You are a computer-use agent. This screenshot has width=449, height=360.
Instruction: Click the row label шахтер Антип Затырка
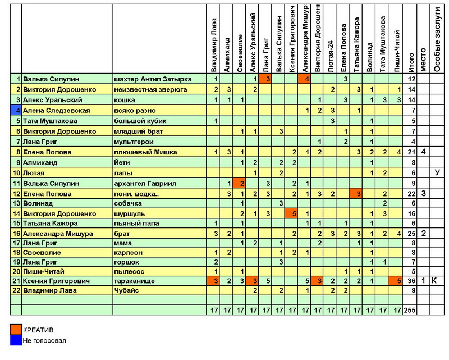point(153,79)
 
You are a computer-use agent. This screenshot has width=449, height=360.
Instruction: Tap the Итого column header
point(411,62)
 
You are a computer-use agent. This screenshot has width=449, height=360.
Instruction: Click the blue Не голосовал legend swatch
point(16,340)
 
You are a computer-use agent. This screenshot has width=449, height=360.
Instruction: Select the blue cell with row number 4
point(16,110)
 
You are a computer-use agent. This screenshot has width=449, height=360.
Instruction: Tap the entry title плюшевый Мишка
point(145,152)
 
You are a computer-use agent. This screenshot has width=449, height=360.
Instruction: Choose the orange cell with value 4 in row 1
point(307,79)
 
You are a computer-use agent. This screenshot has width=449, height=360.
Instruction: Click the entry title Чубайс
point(126,290)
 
